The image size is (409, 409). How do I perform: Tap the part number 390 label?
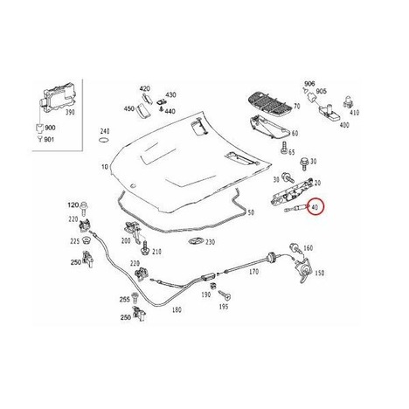pos(69,112)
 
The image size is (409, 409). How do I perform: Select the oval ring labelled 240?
pos(104,140)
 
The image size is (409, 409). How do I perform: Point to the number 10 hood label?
pos(105,167)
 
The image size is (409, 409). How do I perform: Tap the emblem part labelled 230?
pos(197,241)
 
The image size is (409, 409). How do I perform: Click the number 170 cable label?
pos(253,272)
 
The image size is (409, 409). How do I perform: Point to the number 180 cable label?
pos(177,309)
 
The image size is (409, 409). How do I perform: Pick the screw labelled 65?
pos(283,148)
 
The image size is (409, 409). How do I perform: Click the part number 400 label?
pos(344,125)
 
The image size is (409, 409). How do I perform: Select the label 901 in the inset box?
pos(49,140)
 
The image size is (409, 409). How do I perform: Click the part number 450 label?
pos(129,108)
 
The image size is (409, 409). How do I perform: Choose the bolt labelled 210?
pos(144,247)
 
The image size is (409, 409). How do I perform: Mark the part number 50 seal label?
pos(251,212)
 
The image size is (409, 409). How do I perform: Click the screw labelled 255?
pos(135,297)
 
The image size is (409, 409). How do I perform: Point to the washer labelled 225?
pos(86,240)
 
